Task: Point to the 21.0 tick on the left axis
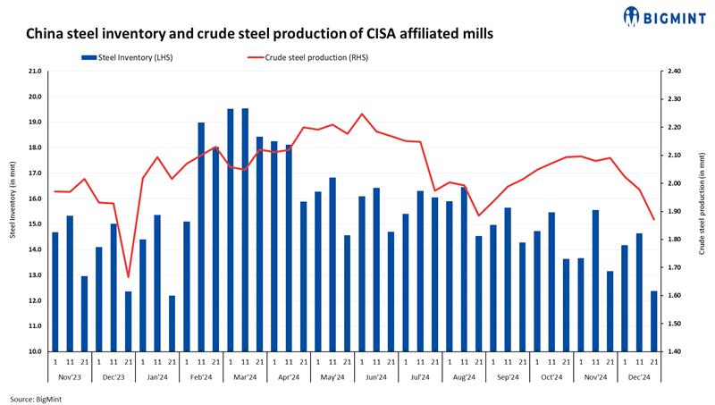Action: (35, 71)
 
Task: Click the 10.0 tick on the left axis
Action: (35, 351)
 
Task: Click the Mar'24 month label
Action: (245, 377)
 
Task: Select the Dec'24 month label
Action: (639, 377)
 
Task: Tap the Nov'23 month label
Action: (70, 377)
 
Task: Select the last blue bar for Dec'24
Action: (653, 321)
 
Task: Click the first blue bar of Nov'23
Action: (55, 291)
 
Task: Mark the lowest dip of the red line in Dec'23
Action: (128, 277)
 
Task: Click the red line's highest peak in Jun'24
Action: (361, 114)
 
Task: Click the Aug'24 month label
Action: (464, 377)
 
